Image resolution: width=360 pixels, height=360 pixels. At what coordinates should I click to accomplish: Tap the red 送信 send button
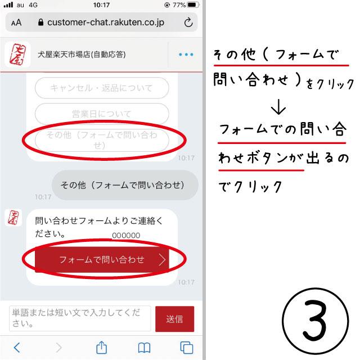coord(174,319)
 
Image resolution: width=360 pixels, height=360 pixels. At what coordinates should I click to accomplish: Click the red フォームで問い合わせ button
coord(102,260)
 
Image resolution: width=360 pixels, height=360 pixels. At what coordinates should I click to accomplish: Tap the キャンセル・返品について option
coord(102,88)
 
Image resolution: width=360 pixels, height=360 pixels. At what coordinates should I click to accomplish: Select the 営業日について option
coord(102,114)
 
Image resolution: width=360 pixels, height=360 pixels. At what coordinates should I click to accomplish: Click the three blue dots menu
coord(186,55)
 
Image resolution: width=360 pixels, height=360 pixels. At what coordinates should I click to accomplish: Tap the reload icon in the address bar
coord(188,22)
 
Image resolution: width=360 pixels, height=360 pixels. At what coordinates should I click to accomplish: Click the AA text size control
coord(16,22)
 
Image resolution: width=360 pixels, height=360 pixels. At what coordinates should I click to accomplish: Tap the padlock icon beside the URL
coord(41,22)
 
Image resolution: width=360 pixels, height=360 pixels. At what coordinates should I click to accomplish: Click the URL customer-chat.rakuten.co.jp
coord(106,22)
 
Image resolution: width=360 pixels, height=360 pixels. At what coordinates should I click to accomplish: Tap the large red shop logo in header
coord(17,55)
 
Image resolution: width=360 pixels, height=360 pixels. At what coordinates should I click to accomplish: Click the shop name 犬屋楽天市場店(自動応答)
coord(82,55)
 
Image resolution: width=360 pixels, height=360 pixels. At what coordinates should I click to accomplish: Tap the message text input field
coord(80,318)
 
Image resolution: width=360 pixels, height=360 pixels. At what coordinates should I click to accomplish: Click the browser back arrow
coord(17,348)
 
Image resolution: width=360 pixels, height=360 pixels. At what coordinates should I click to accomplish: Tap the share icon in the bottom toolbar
coord(101,348)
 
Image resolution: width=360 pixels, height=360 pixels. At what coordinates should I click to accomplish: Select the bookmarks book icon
coord(144,348)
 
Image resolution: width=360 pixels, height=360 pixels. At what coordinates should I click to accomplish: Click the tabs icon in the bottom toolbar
coord(186,348)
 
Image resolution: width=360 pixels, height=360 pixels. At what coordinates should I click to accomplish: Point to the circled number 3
coord(315,321)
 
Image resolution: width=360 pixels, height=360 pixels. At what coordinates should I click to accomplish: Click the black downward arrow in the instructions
coord(278,107)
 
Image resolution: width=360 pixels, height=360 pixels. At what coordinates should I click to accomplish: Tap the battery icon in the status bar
coord(193,5)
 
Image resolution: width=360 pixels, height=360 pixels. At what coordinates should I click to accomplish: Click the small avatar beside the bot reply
coord(13,218)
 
